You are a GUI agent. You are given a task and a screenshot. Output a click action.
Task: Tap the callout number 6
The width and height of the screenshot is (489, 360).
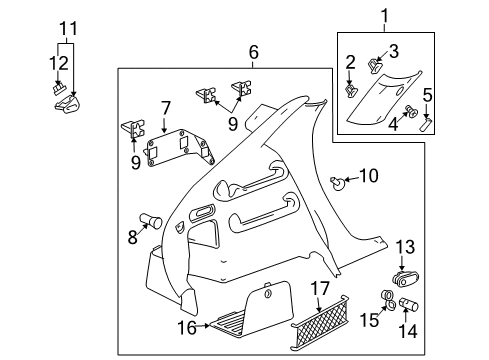[x=253, y=52]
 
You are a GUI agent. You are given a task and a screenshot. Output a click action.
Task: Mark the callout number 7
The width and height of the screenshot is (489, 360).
[x=167, y=107]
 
